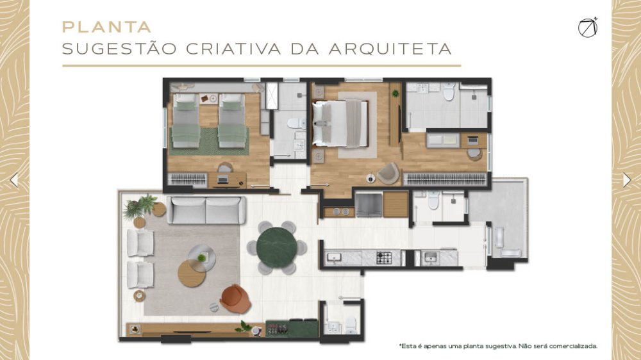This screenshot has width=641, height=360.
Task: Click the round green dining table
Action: [x=277, y=247]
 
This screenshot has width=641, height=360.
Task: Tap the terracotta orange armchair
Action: [x=235, y=299]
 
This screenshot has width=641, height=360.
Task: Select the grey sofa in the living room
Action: [x=206, y=210]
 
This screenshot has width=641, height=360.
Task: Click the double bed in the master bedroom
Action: [x=340, y=124]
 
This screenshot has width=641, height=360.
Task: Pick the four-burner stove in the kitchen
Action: [x=384, y=258]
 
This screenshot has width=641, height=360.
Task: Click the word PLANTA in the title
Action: [x=106, y=28]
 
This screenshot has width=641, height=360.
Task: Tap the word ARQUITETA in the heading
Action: [x=390, y=49]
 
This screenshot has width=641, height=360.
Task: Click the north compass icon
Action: [x=588, y=28]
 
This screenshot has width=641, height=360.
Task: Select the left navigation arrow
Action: [x=14, y=180]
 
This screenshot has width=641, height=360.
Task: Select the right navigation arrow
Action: [x=627, y=180]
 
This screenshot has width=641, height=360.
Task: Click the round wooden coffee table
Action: [x=191, y=274]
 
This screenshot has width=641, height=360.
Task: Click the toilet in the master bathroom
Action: [x=449, y=92]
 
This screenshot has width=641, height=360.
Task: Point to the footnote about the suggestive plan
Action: [x=498, y=346]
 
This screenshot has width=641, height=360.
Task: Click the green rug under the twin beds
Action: [x=210, y=142]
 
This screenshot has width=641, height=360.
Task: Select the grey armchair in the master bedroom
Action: [x=388, y=173]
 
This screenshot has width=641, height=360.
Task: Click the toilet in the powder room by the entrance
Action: [x=351, y=324]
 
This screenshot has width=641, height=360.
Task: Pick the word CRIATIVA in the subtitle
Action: [x=233, y=49]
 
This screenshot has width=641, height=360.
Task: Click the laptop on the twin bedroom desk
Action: [x=223, y=179]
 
